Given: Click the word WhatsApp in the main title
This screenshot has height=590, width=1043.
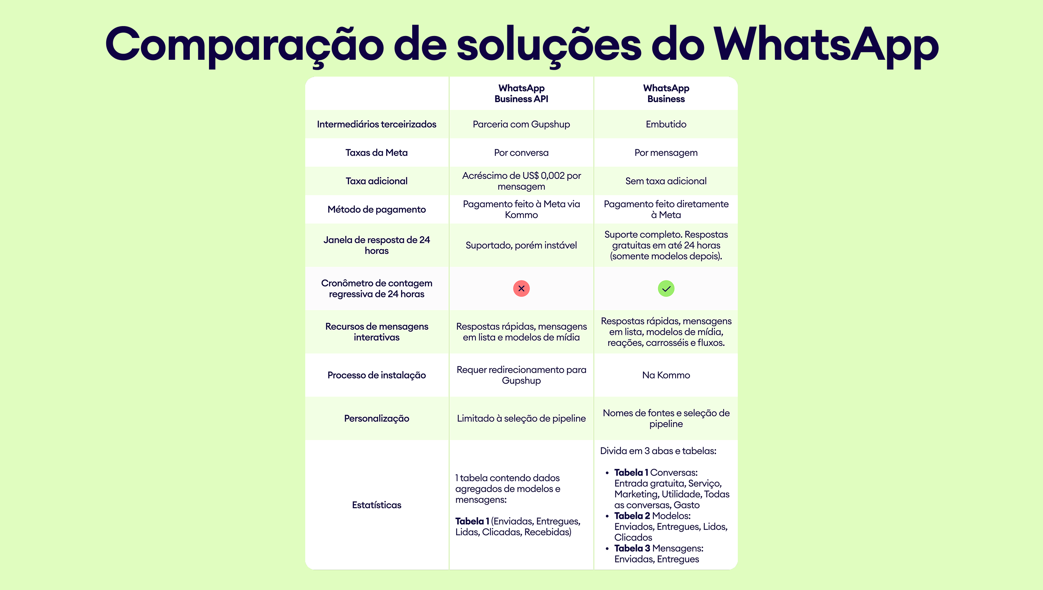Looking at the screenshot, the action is (x=826, y=45).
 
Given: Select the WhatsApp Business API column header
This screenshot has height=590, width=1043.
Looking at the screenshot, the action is (x=521, y=93).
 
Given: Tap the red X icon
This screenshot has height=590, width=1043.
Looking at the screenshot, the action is (x=521, y=288).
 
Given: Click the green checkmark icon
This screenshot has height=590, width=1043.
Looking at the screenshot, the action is (x=666, y=288).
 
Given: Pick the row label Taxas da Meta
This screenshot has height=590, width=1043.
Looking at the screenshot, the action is (x=376, y=153).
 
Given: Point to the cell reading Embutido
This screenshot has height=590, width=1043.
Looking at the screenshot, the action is (x=666, y=125).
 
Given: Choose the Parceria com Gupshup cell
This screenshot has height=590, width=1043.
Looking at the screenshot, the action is (x=521, y=125).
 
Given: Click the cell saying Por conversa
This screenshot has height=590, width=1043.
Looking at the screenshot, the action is (x=521, y=153).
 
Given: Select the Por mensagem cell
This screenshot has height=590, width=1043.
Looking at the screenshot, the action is (x=666, y=153).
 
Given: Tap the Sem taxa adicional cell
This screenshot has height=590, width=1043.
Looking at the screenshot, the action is (x=666, y=181).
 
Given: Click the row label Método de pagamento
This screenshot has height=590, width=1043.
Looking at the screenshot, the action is (x=376, y=210).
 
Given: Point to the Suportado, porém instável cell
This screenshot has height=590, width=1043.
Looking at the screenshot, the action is (x=521, y=245).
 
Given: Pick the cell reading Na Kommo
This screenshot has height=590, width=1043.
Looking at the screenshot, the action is (x=666, y=375).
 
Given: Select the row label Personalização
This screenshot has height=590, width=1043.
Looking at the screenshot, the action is (x=376, y=419).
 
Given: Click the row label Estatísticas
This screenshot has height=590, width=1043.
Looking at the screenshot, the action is (x=376, y=505).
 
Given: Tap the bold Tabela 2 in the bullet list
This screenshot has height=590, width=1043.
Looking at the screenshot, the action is (x=632, y=516).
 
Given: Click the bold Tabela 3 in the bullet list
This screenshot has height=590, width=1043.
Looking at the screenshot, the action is (x=632, y=548).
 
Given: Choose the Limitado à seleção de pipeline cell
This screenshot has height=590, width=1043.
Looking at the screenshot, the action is (x=521, y=419).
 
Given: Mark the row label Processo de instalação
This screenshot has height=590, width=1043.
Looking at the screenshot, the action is (x=376, y=375).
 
